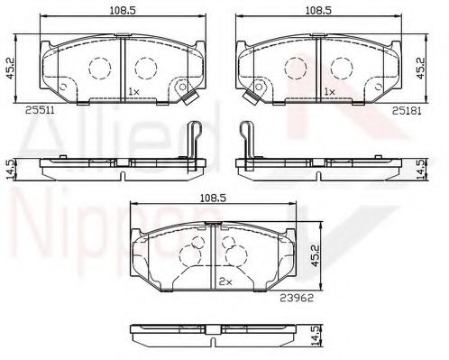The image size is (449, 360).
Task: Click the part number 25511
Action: coord(39,110)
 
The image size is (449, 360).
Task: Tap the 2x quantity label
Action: coord(225,282)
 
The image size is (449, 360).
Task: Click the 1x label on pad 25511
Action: coord(133,92)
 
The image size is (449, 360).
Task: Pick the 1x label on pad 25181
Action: coord(329,92)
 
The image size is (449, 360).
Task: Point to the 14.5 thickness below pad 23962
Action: coord(315,337)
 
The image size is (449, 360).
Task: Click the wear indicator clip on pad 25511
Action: coord(189,103)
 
